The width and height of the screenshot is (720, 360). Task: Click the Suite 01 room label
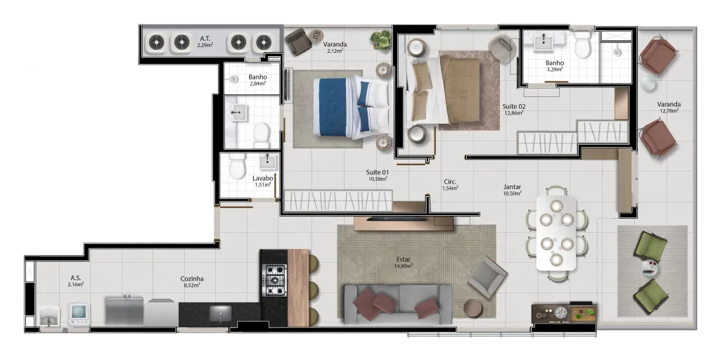click(378, 172)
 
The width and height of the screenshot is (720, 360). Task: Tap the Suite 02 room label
click(514, 107)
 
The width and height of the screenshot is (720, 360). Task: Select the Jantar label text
click(512, 187)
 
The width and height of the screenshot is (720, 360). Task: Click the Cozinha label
click(192, 278)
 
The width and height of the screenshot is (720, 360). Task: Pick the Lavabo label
click(263, 178)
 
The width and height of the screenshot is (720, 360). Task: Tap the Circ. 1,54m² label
click(450, 185)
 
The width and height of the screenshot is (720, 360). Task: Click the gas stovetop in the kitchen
click(274, 280)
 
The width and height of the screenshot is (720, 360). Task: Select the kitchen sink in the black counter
click(220, 313)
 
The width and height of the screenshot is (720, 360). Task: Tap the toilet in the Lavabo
click(238, 166)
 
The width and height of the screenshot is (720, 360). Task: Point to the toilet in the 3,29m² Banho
click(582, 44)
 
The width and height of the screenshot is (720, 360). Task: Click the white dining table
click(556, 233)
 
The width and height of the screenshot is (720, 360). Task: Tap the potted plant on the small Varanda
click(380, 39)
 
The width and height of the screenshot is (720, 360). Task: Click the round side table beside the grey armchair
click(472, 308)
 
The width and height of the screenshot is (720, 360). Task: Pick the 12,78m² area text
click(669, 110)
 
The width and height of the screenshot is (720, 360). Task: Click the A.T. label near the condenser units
click(205, 38)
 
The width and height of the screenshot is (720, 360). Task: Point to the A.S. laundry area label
click(76, 278)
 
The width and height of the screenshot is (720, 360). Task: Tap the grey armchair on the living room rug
click(488, 277)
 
